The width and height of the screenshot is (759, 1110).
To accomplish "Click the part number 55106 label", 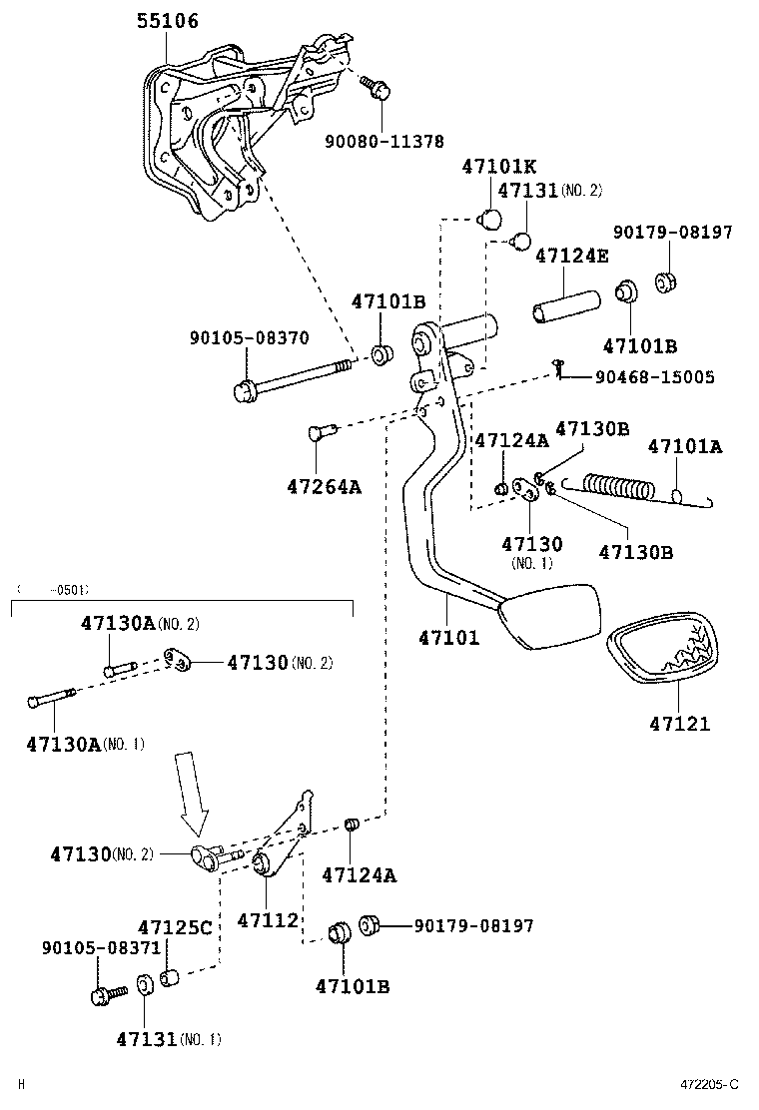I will tap(167, 21).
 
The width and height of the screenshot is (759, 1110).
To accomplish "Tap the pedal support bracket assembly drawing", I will tap(230, 130).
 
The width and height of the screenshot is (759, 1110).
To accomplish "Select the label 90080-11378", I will tap(383, 142).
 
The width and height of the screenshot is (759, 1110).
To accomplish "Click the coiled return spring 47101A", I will tap(619, 487).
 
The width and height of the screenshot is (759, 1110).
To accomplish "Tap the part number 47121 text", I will tap(679, 724).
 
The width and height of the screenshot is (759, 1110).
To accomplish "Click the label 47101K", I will tap(499, 167).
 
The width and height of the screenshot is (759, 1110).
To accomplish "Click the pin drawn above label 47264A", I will tap(320, 432).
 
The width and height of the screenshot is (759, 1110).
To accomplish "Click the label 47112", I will tap(268, 919).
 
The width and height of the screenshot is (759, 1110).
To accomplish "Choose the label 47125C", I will tap(175, 928).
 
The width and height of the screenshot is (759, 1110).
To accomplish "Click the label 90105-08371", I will tap(87, 946).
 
